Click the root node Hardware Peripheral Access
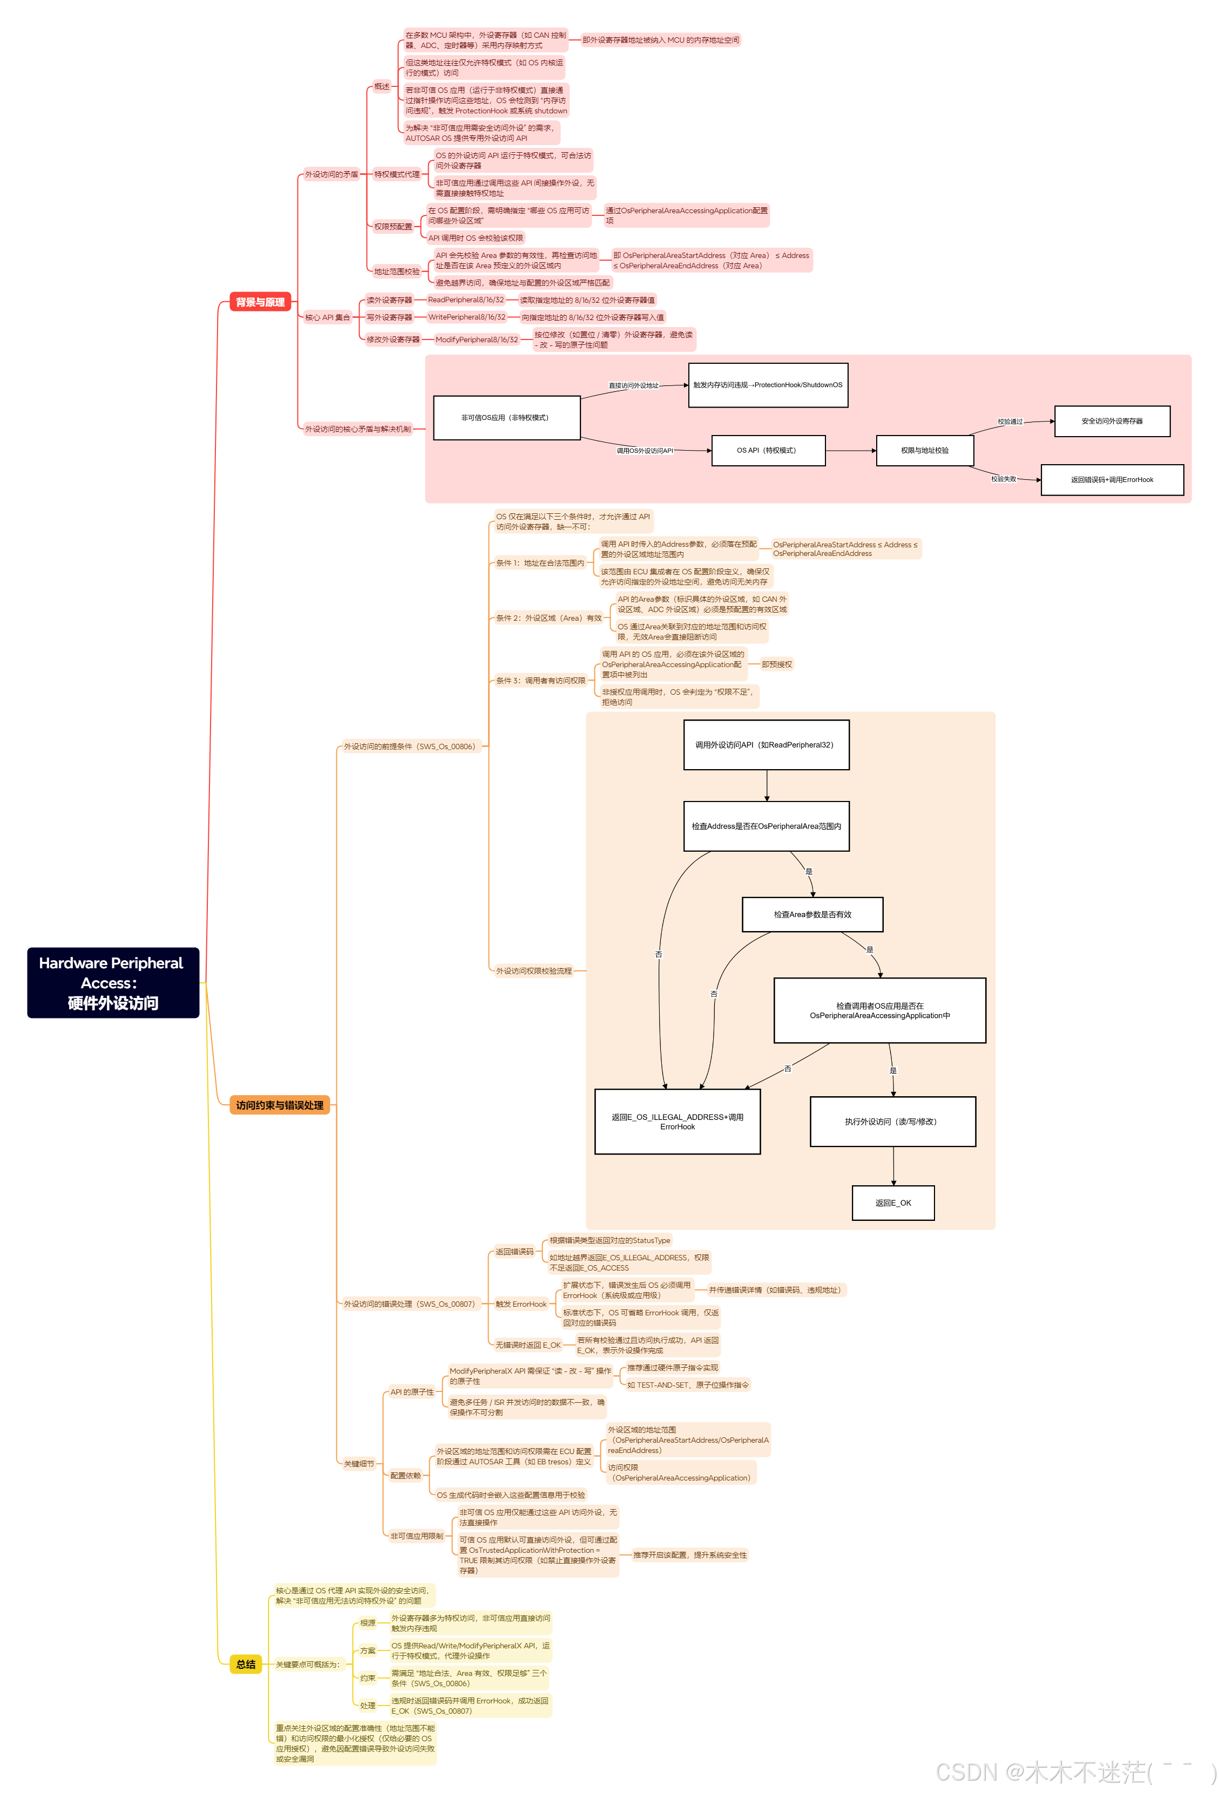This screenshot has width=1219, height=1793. point(113,982)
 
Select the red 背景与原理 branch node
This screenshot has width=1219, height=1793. point(260,302)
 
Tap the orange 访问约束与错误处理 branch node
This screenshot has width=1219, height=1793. point(279,1105)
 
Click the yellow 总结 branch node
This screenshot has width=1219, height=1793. point(245,1664)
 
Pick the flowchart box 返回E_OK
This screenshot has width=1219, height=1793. point(892,1203)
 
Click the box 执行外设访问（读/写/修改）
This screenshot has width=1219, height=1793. point(892,1121)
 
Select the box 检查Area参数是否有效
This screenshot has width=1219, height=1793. point(811,914)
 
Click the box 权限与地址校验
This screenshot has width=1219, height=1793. point(924,451)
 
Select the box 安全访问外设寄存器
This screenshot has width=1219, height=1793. point(1111,421)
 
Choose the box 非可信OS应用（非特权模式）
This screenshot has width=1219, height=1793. point(505,418)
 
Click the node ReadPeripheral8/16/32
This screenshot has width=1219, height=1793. point(465,300)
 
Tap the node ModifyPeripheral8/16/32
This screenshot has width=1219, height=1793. point(476,339)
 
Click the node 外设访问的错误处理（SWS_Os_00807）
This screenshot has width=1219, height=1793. point(409,1304)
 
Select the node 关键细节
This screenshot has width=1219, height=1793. point(359,1464)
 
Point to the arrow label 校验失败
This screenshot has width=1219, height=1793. point(1003,479)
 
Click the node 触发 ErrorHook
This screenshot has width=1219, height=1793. point(521,1304)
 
